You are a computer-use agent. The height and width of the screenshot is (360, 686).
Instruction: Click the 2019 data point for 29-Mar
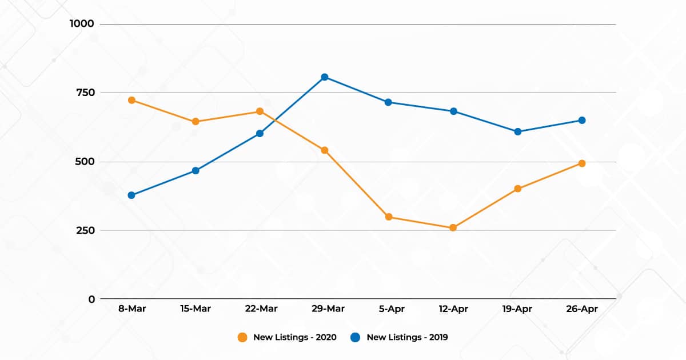pos(324,77)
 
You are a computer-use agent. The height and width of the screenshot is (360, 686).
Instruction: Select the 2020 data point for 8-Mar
pos(131,100)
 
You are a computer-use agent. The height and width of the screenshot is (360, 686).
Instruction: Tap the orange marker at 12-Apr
pos(453,227)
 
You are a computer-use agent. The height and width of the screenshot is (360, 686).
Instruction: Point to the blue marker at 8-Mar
pos(131,195)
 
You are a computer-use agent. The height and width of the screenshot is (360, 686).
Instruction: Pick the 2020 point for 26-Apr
pos(582,163)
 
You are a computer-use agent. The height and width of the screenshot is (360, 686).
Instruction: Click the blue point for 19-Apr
pos(518,131)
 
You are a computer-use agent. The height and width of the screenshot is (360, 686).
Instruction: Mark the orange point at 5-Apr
pos(389,217)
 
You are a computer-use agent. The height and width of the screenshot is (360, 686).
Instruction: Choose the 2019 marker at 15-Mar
pos(196,170)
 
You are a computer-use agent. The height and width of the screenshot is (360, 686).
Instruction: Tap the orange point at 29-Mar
pos(324,150)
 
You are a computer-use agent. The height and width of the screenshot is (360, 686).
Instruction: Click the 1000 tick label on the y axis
pos(82,24)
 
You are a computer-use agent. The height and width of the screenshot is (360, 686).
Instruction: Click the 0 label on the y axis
pos(91,299)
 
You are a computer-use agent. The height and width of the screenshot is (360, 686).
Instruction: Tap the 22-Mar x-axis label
pos(260,309)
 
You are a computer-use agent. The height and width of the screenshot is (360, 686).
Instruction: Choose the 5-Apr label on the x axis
pos(389,309)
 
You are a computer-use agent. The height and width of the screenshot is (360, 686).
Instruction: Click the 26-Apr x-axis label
pos(582,309)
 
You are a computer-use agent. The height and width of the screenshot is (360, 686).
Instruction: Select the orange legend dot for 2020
pos(242,337)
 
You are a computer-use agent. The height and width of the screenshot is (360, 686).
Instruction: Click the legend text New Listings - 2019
pos(407,337)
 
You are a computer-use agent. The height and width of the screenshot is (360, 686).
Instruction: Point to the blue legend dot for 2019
pos(356,337)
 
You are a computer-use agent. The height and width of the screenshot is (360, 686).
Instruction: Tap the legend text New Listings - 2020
pos(295,337)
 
